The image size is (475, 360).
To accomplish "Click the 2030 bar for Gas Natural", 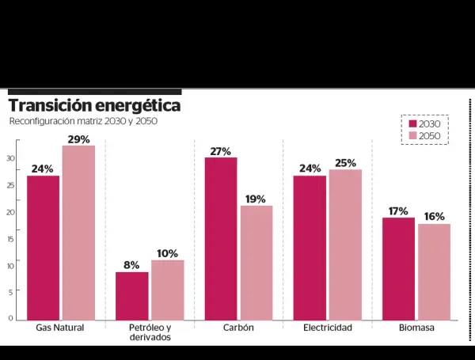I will click(43, 248).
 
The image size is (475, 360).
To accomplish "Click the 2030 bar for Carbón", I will click(221, 238).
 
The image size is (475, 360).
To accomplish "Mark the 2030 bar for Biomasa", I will click(398, 268).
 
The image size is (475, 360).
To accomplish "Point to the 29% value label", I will click(79, 139).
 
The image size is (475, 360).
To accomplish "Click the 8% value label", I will click(131, 265).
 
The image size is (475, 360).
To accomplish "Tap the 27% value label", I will click(221, 151).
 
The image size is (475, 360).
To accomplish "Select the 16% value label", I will click(434, 217).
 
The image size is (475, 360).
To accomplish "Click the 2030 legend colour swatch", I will click(412, 123).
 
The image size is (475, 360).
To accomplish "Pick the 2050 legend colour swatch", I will click(412, 136).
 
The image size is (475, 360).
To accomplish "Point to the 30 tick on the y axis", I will click(11, 158).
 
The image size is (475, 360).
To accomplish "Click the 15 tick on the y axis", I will click(11, 239).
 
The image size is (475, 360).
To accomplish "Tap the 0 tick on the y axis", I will click(11, 319).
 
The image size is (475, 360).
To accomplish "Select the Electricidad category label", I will click(328, 328).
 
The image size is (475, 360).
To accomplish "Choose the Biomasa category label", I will click(416, 328).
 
